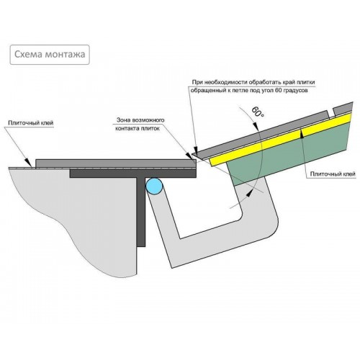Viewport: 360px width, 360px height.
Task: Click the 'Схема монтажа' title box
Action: point(50,55)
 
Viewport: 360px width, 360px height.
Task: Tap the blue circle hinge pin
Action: point(154,186)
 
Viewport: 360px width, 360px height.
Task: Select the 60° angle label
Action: point(258,112)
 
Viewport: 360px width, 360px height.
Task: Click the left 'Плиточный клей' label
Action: point(31,123)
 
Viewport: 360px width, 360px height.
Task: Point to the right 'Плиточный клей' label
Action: point(333,174)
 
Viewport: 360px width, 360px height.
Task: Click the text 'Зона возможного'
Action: point(140,120)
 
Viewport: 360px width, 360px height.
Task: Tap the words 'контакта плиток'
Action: point(138,128)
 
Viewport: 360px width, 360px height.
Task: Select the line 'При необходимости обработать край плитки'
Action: point(253,82)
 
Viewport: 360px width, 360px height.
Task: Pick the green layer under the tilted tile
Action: point(288,156)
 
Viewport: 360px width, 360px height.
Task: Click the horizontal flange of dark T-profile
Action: point(133,174)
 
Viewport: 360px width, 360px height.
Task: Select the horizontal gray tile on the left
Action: point(116,163)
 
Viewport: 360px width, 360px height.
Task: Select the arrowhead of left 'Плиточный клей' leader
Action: point(29,162)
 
